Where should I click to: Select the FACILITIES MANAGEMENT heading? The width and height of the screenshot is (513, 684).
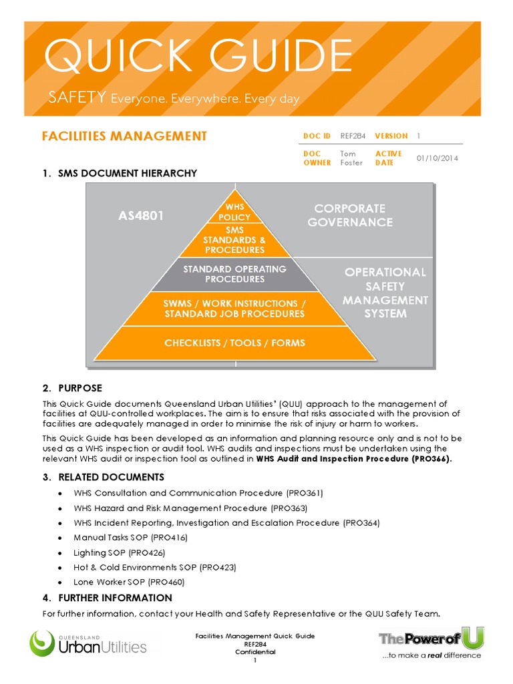[124, 136]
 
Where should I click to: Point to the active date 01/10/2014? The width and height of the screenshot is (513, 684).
[438, 158]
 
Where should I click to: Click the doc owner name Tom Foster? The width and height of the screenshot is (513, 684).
[352, 158]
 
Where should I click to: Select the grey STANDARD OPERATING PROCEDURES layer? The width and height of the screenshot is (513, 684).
[234, 274]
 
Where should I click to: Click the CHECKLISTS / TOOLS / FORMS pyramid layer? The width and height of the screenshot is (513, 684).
[234, 343]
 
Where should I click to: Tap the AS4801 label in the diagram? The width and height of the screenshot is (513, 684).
[141, 216]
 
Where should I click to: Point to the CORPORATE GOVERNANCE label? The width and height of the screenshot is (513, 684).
[350, 215]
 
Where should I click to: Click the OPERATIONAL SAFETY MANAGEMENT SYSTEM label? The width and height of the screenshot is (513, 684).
[384, 293]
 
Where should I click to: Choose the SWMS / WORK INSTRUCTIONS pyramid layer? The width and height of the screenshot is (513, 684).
[234, 308]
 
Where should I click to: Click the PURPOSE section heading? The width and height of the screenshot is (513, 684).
[80, 388]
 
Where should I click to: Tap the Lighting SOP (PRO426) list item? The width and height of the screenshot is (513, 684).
[120, 552]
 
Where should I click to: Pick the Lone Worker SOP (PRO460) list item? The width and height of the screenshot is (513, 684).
[129, 582]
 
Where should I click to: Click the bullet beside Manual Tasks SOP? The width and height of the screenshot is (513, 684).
[61, 538]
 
